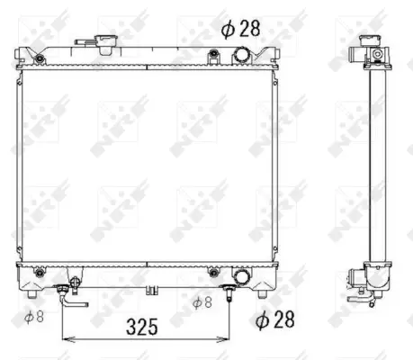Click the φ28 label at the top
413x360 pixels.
point(240,28)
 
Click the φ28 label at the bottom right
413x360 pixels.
point(275,318)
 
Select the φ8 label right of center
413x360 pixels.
point(202,302)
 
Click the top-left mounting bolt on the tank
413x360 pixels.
point(40,58)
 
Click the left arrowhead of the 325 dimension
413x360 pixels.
point(65,339)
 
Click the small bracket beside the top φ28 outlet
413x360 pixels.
point(212,57)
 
